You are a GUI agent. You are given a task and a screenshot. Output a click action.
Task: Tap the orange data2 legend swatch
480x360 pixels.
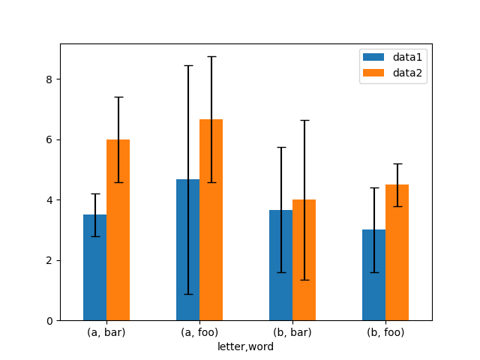(373, 73)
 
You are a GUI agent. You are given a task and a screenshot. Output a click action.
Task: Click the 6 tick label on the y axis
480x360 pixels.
(49, 139)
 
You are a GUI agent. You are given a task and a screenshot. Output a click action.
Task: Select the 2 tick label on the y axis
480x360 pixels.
(49, 260)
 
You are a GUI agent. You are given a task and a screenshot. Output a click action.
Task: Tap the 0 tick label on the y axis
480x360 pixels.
(49, 321)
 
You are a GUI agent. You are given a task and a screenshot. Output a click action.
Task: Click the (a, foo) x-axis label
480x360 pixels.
(199, 332)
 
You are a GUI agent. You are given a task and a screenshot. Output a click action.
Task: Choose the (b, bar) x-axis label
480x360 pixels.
(292, 332)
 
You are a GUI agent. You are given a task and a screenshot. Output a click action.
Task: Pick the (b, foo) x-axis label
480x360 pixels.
(385, 332)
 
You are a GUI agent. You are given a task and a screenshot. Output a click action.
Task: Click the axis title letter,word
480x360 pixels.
(246, 346)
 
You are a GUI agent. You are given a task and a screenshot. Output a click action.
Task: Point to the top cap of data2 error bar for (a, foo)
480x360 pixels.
(211, 56)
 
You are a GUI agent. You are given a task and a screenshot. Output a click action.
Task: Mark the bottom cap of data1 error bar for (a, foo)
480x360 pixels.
(187, 294)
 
